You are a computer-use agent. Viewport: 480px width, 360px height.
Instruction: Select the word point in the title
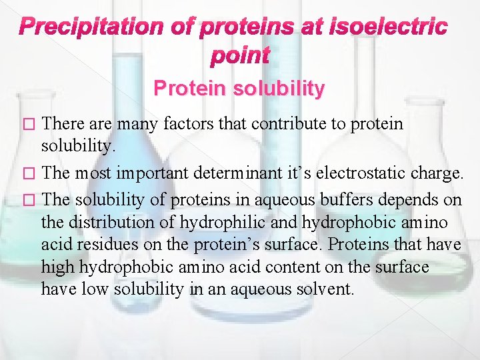(x=239, y=57)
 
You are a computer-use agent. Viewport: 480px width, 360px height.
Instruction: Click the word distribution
(x=104, y=221)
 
